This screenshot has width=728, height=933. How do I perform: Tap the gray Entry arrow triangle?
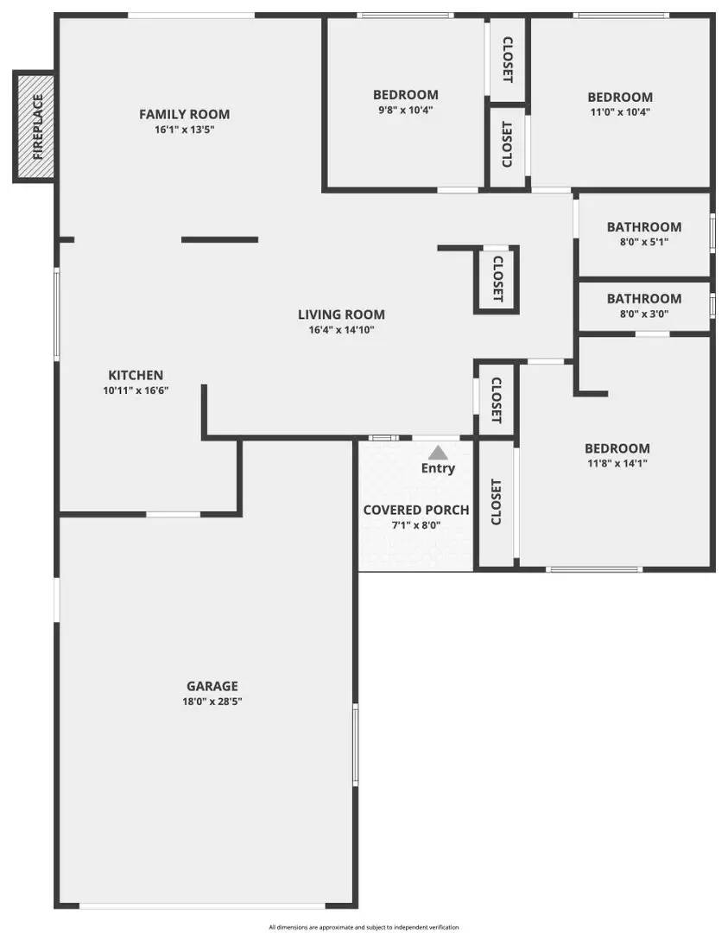(438, 452)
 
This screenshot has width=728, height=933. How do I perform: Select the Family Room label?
(185, 114)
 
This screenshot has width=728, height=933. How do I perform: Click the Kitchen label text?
(136, 375)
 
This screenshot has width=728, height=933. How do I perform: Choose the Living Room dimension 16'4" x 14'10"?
(341, 329)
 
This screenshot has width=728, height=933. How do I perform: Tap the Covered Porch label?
(416, 510)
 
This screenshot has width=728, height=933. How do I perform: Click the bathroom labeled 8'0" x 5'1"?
(643, 234)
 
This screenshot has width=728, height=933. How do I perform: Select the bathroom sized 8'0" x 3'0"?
(643, 306)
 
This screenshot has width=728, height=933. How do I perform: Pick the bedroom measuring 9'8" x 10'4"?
(405, 103)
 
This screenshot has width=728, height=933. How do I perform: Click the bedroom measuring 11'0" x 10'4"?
(619, 105)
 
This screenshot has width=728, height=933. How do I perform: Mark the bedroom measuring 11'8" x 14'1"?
(617, 455)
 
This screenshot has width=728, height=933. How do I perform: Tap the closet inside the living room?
(497, 278)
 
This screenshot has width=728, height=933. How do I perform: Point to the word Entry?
(438, 468)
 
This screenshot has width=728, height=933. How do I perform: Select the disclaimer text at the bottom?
(364, 927)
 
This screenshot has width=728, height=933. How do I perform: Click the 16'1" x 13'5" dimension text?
(185, 130)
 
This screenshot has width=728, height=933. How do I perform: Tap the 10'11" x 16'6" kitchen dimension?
(136, 390)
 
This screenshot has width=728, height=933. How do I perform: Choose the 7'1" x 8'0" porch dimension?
(416, 525)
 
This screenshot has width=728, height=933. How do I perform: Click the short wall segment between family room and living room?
(219, 239)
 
